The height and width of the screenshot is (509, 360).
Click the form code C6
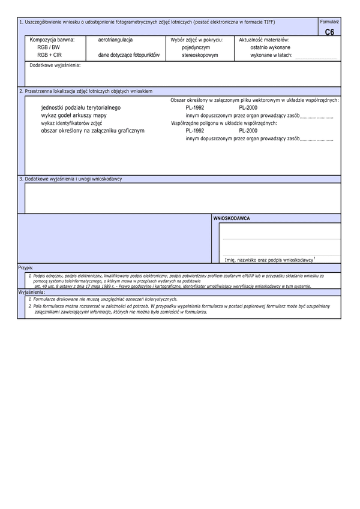[329, 32]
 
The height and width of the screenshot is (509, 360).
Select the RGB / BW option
[49, 47]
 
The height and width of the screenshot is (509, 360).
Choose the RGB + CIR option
[49, 55]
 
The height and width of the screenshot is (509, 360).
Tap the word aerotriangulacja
[116, 40]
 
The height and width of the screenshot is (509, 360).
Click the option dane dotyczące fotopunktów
[129, 55]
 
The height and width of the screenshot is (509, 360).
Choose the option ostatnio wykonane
[270, 47]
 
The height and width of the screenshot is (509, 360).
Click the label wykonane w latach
[271, 55]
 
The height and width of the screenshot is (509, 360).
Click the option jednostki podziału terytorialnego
[80, 107]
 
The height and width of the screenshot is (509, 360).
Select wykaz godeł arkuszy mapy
[74, 115]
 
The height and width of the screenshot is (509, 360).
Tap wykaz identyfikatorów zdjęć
[71, 122]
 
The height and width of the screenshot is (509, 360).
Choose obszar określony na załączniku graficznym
[92, 130]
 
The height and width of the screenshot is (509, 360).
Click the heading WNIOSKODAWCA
[232, 219]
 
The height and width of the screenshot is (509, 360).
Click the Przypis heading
[26, 267]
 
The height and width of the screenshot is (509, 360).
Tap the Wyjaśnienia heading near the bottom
[32, 292]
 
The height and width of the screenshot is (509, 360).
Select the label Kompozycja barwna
[52, 40]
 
